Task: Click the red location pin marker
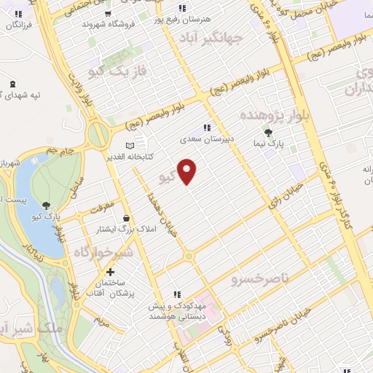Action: tap(188, 171)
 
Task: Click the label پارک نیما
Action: tap(269, 146)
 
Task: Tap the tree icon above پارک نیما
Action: tap(269, 133)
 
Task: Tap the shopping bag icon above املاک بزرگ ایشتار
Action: tap(127, 218)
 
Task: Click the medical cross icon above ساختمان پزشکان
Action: tap(109, 272)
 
